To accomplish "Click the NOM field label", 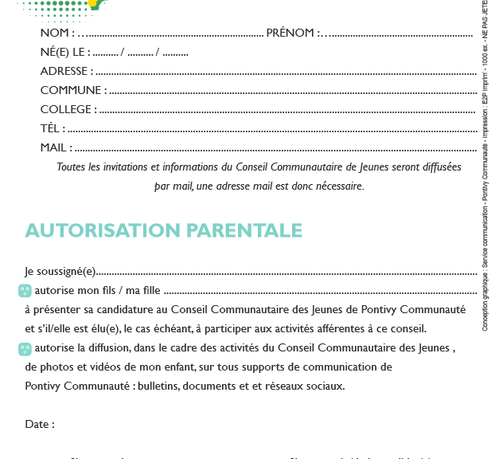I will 57,33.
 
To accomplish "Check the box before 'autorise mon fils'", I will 25,291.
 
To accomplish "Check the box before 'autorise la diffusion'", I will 25,348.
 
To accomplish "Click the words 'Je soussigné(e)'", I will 60,272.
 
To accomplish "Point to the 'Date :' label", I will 40,425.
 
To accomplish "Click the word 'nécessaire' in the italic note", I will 340,186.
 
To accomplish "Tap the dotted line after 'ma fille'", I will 318,292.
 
